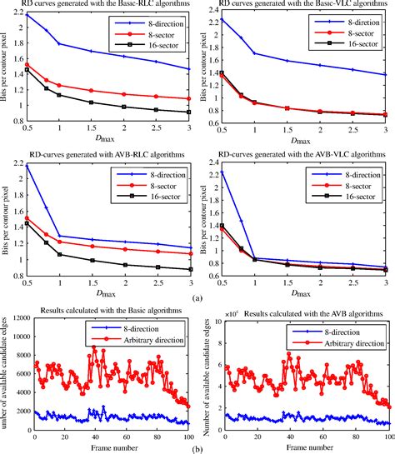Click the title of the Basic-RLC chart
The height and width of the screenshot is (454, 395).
(x=109, y=4)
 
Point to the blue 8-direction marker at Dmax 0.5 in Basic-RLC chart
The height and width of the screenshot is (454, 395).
(x=27, y=15)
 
